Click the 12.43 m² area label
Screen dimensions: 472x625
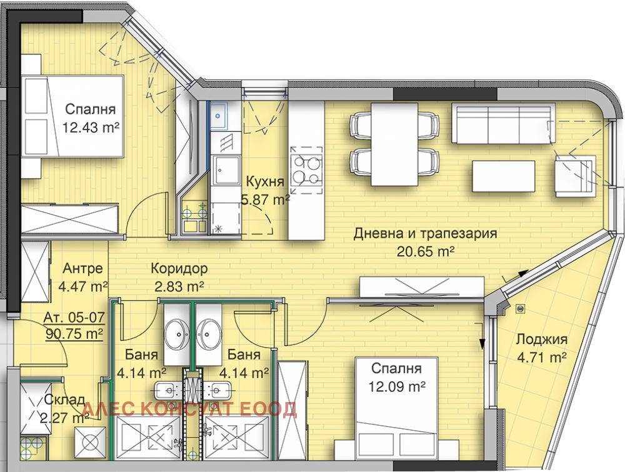91,128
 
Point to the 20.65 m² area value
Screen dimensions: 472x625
425,251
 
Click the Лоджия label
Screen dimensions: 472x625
541,340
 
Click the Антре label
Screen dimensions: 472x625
82,269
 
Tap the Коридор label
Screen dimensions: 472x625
179,269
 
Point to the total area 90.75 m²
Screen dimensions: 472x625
74,334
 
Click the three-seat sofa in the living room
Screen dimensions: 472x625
502,124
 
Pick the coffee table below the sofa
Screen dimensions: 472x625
503,176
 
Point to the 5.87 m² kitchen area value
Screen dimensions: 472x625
265,199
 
